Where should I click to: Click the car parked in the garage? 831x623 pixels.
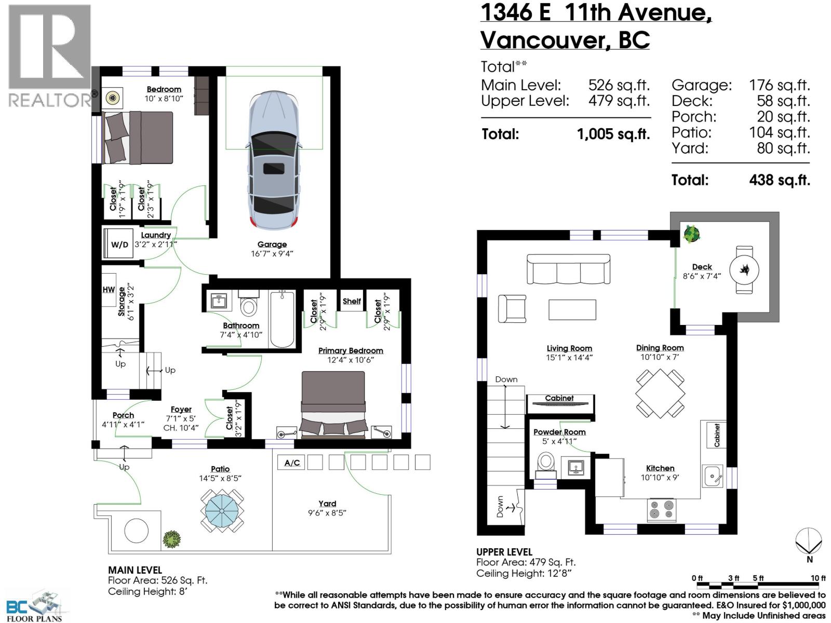274,161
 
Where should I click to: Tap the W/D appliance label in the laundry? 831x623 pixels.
119,245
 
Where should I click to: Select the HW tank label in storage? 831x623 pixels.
109,290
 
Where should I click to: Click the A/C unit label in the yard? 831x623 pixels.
292,463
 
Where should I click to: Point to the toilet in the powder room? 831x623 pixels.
546,463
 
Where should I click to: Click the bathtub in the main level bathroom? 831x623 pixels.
282,319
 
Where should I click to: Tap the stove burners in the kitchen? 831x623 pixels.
662,509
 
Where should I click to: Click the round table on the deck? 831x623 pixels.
744,269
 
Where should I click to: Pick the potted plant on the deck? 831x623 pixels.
691,235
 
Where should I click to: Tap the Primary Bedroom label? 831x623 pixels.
351,351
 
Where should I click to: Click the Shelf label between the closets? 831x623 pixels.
352,301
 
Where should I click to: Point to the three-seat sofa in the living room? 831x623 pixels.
568,269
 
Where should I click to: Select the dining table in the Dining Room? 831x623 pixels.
660,394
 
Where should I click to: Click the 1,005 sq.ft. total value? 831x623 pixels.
613,134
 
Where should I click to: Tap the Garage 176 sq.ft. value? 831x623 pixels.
779,85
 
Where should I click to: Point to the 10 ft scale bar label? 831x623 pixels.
818,578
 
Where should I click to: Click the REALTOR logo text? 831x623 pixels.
49,100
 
